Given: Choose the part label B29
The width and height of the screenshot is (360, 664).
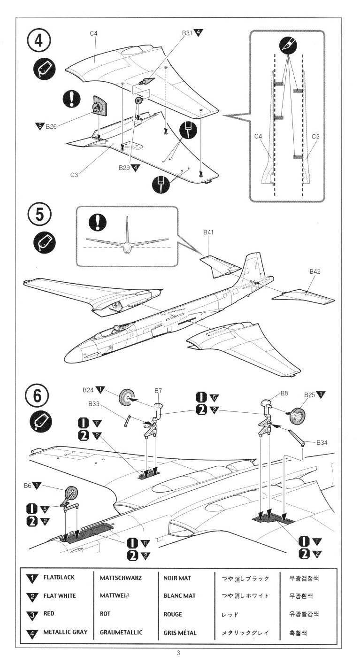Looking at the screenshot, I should pos(125,167).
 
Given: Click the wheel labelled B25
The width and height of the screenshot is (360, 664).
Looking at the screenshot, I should pos(298,416).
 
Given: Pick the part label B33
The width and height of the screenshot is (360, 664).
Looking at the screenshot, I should pos(95,403).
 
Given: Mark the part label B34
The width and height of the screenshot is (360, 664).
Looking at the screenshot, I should pos(323,442).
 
